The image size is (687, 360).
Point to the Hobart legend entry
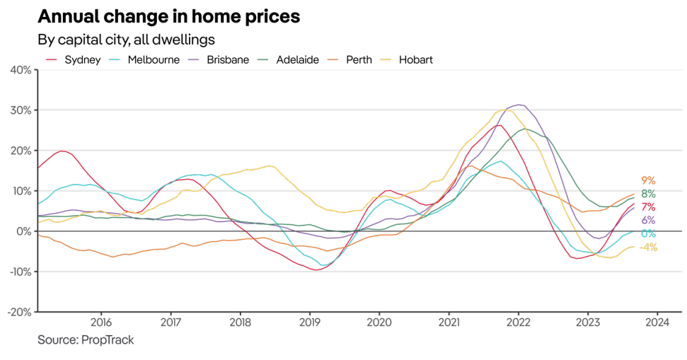tap(415, 59)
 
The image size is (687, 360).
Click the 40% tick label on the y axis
tap(19, 70)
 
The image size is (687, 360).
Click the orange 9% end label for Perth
tap(648, 180)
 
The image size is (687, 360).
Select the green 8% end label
tap(648, 194)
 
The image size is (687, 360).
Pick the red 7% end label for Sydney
tap(648, 207)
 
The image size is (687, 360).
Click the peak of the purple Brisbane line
tap(520, 105)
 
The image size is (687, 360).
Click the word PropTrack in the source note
tap(110, 340)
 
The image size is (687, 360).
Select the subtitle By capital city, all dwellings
tap(126, 39)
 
